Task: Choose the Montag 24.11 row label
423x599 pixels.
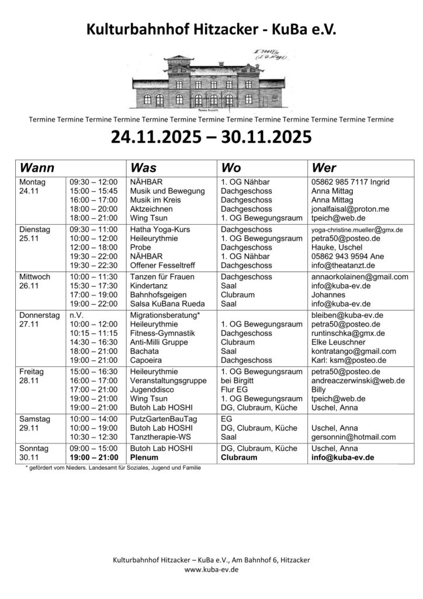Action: [30, 187]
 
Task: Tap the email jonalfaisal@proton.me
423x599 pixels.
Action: [351, 209]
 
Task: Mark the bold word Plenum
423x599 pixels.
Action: [145, 457]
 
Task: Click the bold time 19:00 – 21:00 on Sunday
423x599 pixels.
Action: [93, 457]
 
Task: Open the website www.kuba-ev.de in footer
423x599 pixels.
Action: [211, 569]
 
